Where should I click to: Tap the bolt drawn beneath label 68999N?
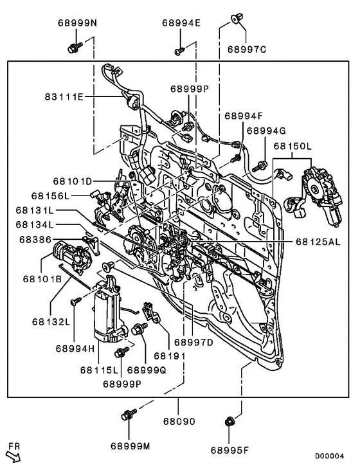(x=73, y=46)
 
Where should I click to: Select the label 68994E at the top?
(x=181, y=23)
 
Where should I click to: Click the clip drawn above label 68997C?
(x=235, y=19)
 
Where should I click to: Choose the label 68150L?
(x=292, y=147)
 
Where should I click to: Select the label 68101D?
(x=73, y=181)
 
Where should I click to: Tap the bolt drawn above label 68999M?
(x=127, y=417)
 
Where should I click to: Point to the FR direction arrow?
(x=15, y=455)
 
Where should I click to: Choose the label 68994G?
(x=266, y=131)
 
